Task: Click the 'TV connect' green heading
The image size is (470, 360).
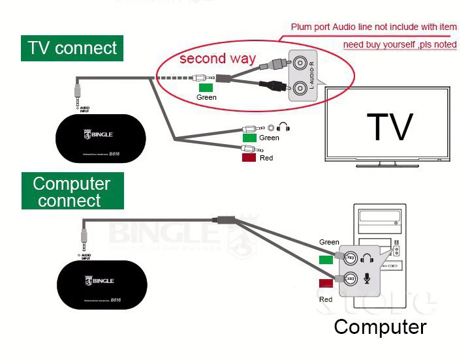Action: point(72,48)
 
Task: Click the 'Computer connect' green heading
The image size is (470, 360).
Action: point(72,192)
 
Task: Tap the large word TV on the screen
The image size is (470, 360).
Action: point(390,127)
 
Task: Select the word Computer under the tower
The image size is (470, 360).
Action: point(380,326)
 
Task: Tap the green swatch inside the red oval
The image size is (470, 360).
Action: point(206,87)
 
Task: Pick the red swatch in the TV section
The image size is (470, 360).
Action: point(249,157)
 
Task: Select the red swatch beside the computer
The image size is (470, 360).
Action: point(326,283)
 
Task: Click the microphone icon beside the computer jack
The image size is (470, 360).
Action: point(366,278)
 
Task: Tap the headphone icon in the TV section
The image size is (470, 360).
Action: point(283,128)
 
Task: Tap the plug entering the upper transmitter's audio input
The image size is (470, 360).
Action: point(78,88)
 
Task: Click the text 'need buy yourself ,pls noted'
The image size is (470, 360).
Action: point(399,45)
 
